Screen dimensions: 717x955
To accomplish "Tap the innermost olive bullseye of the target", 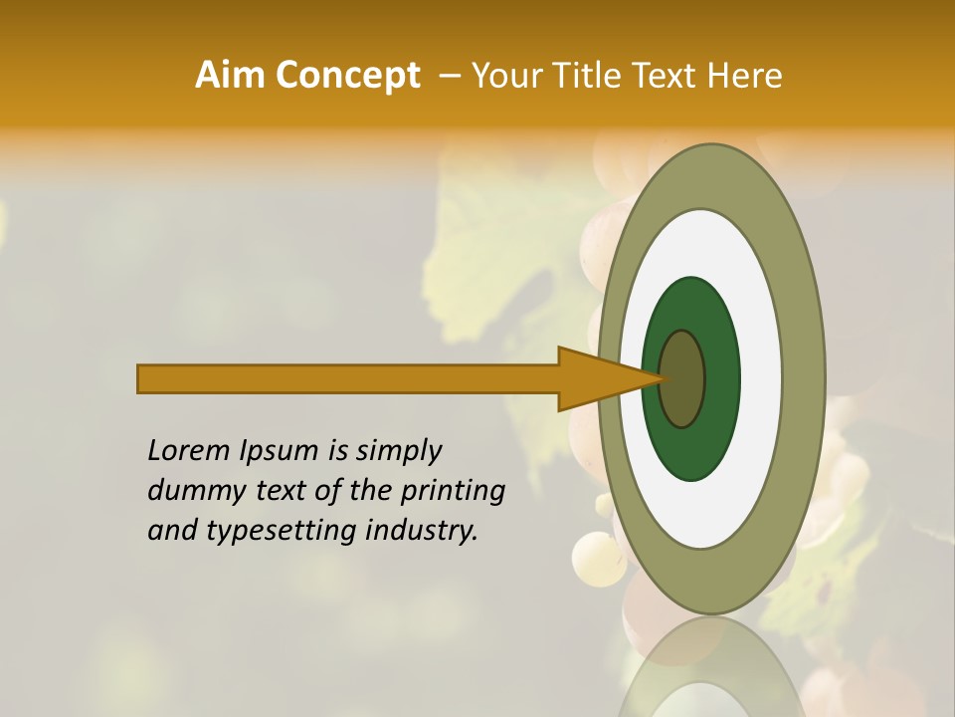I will pyautogui.click(x=683, y=378).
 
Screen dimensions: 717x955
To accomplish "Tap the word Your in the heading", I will pyautogui.click(x=501, y=76).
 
